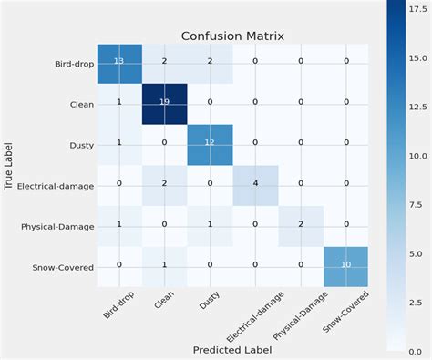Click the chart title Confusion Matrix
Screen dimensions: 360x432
[x=232, y=36]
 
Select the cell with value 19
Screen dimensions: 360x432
[x=165, y=102]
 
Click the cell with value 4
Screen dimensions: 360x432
[x=254, y=182]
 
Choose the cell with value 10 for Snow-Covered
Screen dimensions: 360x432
[x=345, y=264]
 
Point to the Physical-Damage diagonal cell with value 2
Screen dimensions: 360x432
[x=300, y=223]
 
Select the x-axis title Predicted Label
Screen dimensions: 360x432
[x=232, y=349]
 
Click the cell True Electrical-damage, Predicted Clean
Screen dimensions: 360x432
[x=165, y=182]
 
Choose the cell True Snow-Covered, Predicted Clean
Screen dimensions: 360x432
[x=165, y=264]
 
